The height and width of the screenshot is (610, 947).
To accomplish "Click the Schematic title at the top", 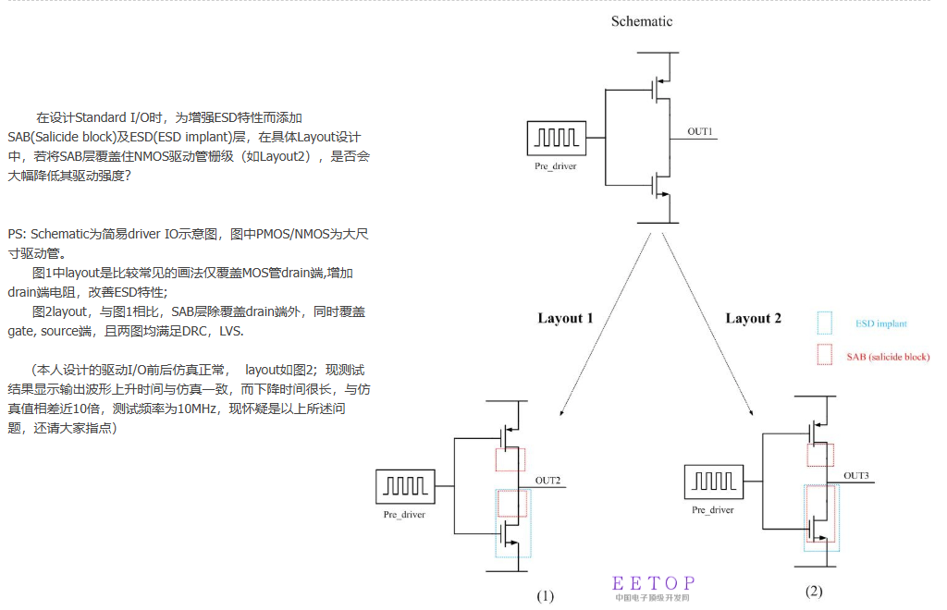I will tap(641, 21).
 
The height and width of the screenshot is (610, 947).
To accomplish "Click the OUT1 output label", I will tap(699, 132).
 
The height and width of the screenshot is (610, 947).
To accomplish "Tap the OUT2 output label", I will tap(547, 481).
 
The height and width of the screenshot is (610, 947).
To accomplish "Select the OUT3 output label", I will tap(855, 476).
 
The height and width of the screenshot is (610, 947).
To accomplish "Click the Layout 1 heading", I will tap(565, 319).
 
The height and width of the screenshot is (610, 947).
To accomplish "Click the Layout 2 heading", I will tap(753, 319).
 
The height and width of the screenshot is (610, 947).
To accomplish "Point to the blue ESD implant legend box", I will tap(825, 323).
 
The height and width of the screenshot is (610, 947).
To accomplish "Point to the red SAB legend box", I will tap(825, 356).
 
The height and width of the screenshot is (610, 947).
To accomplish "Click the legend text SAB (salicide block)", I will tap(888, 357).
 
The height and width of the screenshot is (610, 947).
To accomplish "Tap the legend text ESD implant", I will tap(880, 323).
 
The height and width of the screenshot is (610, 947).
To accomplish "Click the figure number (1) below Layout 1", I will tap(545, 596).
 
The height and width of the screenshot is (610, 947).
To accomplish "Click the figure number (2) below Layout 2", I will tap(813, 592).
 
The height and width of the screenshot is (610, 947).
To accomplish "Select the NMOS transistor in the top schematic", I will tap(659, 183).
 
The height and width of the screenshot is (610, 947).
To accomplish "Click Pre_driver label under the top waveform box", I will tap(555, 165).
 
